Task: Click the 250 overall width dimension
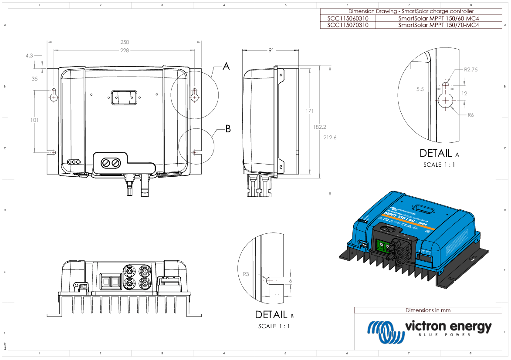click(125, 42)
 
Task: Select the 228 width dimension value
click(125, 50)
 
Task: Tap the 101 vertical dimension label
click(35, 120)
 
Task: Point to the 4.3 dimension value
click(29, 56)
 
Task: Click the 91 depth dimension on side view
click(271, 50)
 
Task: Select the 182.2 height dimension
click(320, 127)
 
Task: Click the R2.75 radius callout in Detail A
click(471, 69)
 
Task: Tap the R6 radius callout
click(470, 115)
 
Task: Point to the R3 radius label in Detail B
click(246, 274)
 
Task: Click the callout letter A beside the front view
click(226, 67)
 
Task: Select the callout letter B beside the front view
click(228, 129)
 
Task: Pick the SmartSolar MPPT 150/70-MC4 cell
click(438, 25)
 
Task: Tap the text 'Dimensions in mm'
click(428, 310)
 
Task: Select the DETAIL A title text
click(439, 153)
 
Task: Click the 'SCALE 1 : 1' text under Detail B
click(274, 326)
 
